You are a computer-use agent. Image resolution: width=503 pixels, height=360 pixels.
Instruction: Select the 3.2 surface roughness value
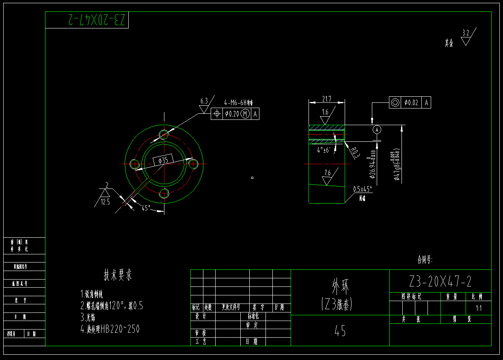coord(466,33)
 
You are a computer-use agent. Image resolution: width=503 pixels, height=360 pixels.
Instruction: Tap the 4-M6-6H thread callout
coord(238,103)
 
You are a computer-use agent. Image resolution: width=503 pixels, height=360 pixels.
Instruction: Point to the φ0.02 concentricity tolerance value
coord(411,103)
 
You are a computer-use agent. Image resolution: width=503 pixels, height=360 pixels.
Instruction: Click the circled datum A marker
coord(377,130)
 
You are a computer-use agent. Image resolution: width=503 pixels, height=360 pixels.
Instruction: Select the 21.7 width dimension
coord(326,99)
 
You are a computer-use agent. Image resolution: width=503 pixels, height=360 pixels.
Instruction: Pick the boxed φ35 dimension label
coord(163,160)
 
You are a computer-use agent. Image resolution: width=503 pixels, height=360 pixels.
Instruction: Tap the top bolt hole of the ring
coord(164,134)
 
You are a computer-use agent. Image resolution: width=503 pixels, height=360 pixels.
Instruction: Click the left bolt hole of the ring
coord(134,164)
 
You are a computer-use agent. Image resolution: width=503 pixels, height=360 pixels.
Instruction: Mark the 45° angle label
coord(146,208)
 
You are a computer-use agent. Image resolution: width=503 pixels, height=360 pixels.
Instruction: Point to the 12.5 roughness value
coord(106,201)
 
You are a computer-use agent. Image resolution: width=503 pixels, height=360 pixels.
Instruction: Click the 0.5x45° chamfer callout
coord(362,189)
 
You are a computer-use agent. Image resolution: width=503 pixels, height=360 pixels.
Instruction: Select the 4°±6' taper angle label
coord(326,150)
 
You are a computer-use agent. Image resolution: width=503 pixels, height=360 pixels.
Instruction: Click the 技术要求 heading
coord(118,275)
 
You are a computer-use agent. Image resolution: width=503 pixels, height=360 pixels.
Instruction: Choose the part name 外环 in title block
coord(340,287)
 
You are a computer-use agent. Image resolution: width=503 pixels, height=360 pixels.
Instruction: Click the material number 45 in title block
coord(340,331)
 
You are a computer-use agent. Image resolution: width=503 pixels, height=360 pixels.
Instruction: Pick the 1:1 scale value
coord(479,308)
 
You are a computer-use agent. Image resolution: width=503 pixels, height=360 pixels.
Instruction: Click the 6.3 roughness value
coord(204,100)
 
